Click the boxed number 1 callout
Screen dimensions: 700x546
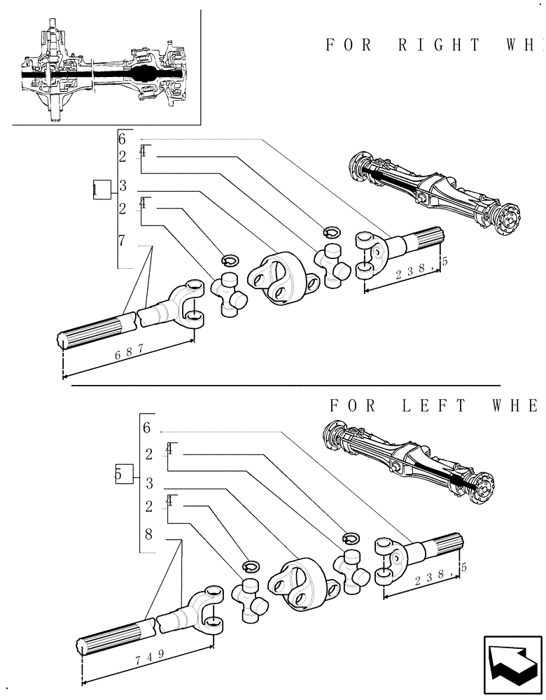tap(101, 189)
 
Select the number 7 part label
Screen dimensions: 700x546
tap(122, 241)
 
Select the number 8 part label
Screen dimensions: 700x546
tap(148, 534)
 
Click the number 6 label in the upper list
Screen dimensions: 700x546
tap(122, 139)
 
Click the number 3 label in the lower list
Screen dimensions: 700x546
tap(149, 483)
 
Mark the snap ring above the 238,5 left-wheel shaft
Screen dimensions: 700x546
tap(351, 537)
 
